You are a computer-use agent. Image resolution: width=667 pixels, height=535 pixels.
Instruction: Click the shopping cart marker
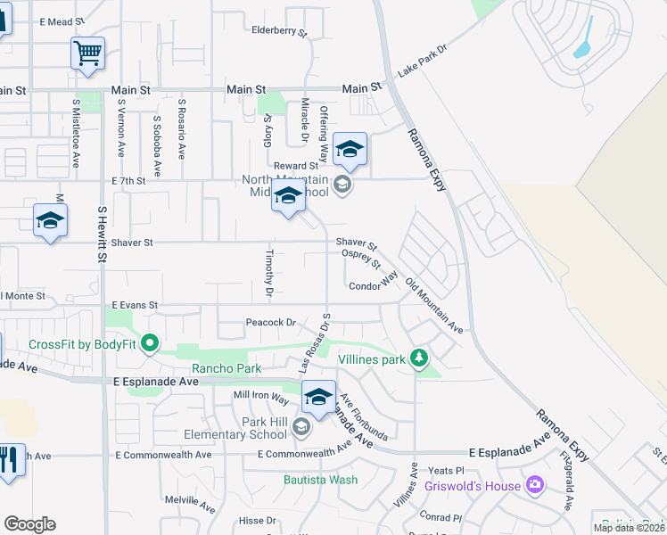pos(87,53)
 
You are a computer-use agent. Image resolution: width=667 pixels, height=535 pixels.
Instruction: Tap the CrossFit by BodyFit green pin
pos(150,342)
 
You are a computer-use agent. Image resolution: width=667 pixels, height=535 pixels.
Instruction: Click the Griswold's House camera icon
pos(535,485)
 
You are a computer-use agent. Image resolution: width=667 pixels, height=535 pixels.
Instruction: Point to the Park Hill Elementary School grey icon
pos(301,429)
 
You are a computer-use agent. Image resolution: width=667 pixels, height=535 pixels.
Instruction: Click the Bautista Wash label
pos(320,480)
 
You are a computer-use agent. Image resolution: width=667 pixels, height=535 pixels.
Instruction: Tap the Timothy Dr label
pos(268,272)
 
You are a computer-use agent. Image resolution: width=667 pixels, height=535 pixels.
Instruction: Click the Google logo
pos(29,524)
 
